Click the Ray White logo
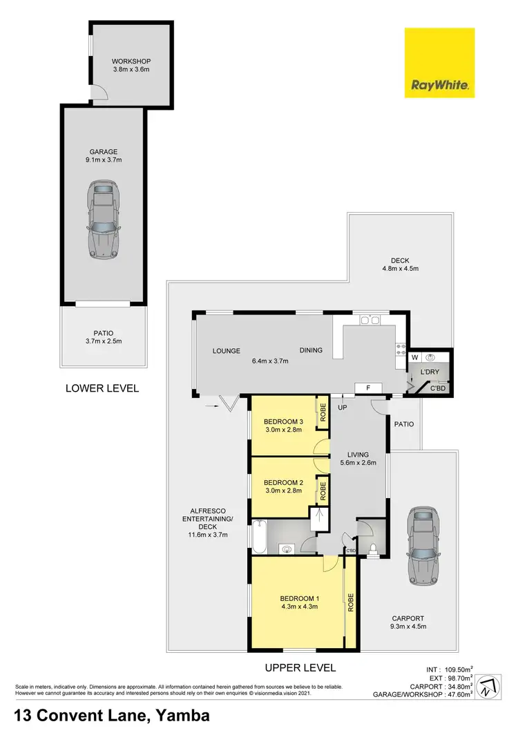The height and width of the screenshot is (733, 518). click(439, 63)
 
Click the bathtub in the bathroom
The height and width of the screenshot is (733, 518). click(260, 537)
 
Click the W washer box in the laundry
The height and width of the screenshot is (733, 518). click(415, 357)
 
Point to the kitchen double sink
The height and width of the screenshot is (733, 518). click(370, 320)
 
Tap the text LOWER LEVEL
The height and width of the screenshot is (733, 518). click(102, 388)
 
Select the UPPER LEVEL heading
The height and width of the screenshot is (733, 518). click(300, 667)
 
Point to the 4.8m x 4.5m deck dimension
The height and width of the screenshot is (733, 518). click(401, 268)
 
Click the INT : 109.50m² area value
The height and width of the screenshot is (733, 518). click(449, 669)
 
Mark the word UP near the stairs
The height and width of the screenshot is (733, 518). click(341, 407)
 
